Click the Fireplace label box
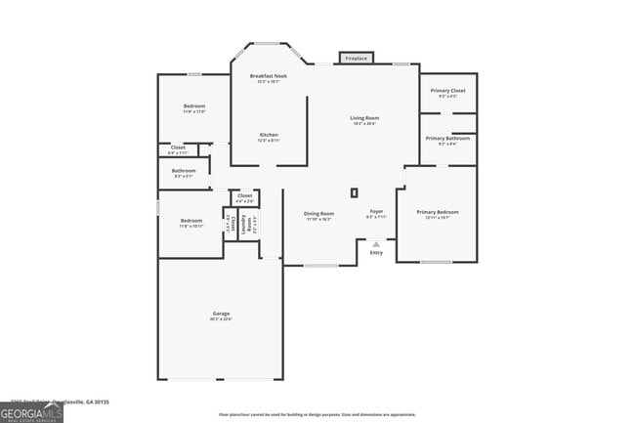[x=357, y=59]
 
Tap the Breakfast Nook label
[x=268, y=76]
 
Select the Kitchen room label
[x=269, y=135]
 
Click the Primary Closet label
[x=447, y=91]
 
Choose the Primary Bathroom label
[x=447, y=139]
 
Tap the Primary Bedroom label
[x=437, y=212]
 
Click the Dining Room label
[x=318, y=214]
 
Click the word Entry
[x=376, y=253]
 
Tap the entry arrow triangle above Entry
[x=376, y=244]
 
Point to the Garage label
[x=220, y=314]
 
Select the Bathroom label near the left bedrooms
[x=184, y=171]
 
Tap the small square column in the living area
[x=355, y=192]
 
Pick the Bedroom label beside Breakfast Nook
[x=193, y=106]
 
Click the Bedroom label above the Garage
[x=190, y=221]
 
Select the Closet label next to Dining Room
[x=244, y=196]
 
